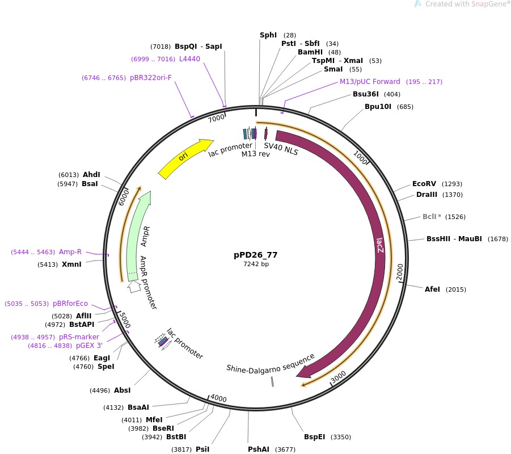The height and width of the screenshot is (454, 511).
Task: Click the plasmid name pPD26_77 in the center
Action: tap(256, 255)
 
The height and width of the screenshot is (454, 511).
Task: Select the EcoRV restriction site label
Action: tap(424, 184)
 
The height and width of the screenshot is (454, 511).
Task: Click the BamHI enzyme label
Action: tap(310, 52)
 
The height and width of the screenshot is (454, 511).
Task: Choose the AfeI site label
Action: tap(432, 289)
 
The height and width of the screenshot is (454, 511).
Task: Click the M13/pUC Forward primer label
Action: tap(370, 82)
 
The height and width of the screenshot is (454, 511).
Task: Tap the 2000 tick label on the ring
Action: tap(400, 271)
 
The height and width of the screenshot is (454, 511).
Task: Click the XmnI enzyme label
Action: tap(71, 264)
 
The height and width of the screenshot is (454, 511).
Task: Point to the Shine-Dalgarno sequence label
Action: tap(271, 363)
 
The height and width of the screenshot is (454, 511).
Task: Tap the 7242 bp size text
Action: tap(256, 264)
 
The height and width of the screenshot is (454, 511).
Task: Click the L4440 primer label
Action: tap(189, 59)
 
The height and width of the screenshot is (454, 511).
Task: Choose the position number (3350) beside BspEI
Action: tap(341, 437)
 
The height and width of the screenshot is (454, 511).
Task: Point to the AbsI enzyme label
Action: tap(122, 390)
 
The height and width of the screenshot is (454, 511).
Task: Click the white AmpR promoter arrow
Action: tap(134, 287)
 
